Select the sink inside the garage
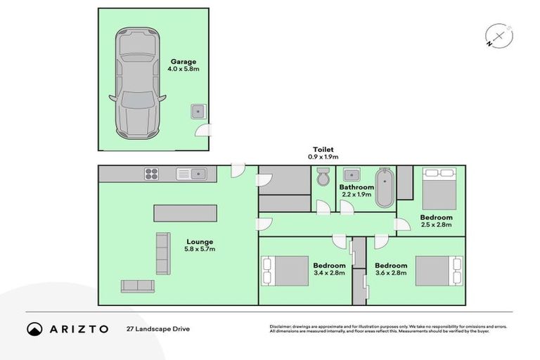pyautogui.click(x=198, y=111)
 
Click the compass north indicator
pyautogui.click(x=498, y=37)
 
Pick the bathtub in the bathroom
pyautogui.click(x=385, y=188)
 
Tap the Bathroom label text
pyautogui.click(x=356, y=187)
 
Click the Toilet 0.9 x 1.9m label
pyautogui.click(x=323, y=153)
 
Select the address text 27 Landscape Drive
pyautogui.click(x=158, y=328)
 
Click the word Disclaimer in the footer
pyautogui.click(x=282, y=326)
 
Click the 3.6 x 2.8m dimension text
pyautogui.click(x=391, y=273)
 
